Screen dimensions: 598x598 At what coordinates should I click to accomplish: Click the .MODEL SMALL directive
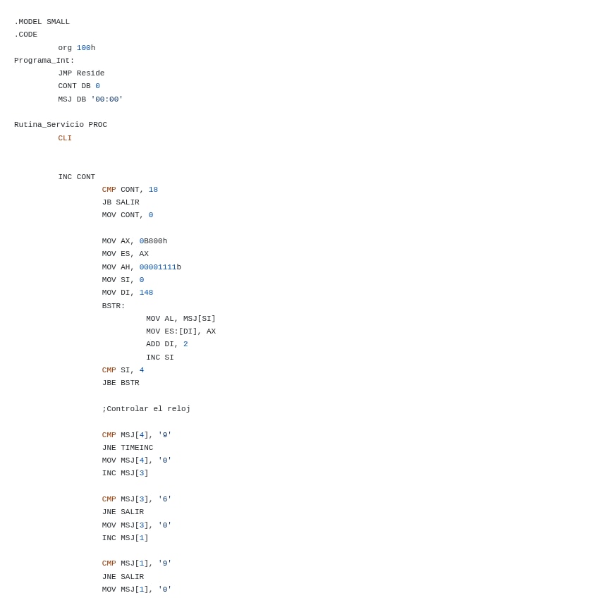coord(42,22)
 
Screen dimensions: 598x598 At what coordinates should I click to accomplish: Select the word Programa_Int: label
coord(44,61)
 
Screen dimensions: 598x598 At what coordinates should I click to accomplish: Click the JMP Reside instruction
coord(81,73)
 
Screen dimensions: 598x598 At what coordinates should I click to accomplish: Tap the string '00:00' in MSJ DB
coord(106,99)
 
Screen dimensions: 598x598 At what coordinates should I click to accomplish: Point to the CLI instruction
coord(65,138)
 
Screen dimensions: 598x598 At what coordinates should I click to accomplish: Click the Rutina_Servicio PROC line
coord(61,125)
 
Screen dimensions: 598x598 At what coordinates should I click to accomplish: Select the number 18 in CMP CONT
coord(153,190)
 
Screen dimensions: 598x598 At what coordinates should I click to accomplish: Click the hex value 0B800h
coord(153,241)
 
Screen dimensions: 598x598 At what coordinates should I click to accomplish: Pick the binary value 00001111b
coord(160,267)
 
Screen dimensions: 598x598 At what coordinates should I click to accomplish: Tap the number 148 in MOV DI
coord(146,293)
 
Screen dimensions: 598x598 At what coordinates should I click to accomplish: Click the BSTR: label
coord(114,306)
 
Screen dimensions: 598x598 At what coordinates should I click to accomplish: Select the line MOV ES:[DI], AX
coord(181,331)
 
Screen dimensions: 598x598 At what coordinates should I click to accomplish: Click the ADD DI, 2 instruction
coord(166,344)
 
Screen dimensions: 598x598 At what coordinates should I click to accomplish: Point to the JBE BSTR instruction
coord(121,383)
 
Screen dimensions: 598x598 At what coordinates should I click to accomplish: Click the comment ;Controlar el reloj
coord(146,409)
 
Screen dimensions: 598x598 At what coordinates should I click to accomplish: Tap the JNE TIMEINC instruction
coord(127,448)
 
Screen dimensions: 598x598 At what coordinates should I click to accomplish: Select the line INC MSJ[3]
coord(125,473)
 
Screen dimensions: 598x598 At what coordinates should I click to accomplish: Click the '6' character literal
coord(164,499)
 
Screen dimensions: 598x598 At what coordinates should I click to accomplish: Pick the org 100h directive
coord(76,48)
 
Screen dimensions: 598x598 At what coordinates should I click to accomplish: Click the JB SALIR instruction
coord(121,202)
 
